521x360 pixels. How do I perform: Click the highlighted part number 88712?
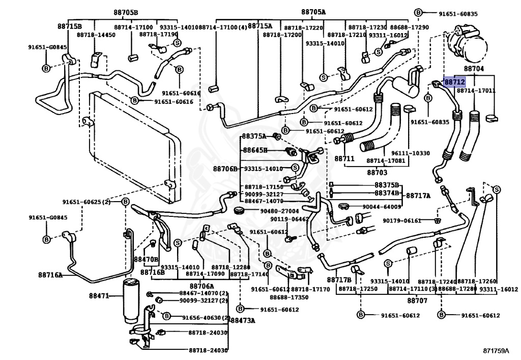pos(454,81)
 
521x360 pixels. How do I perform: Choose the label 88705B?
pos(125,12)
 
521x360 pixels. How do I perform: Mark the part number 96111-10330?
pos(410,153)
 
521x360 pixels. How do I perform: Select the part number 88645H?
pos(254,150)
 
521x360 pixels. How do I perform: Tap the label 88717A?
pos(418,195)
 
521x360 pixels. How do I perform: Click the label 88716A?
pos(50,275)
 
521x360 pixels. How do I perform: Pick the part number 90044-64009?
pos(382,207)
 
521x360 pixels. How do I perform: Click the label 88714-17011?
pos(476,91)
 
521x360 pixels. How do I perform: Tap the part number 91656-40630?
pos(200,318)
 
